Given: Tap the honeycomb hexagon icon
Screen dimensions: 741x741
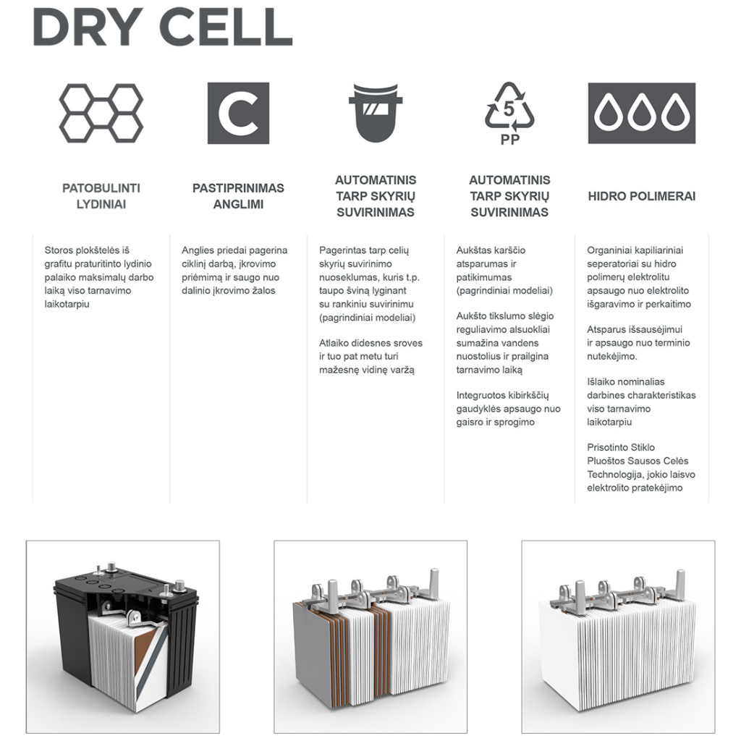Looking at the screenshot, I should pos(101,112).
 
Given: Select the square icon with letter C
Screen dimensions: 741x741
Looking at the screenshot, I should pos(238,113).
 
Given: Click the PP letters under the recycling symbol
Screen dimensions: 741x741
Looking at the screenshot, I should pos(510,140).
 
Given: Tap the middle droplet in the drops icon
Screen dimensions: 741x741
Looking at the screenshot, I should pos(641,114).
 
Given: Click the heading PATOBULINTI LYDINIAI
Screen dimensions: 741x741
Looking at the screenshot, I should pos(101,196).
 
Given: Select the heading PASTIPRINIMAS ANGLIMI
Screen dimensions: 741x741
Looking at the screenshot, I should pos(238,196).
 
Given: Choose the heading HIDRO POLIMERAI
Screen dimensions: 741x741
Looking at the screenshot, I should pos(641,196).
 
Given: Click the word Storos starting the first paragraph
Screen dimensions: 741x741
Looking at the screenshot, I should pos(59,250).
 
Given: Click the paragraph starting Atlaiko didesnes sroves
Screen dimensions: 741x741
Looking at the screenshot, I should pos(370,356).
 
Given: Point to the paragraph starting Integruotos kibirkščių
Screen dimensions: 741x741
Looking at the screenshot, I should pos(508,408).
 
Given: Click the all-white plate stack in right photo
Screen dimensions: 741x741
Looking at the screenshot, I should pos(615,651).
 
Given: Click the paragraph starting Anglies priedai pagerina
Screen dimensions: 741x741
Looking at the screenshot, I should pos(234,271).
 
